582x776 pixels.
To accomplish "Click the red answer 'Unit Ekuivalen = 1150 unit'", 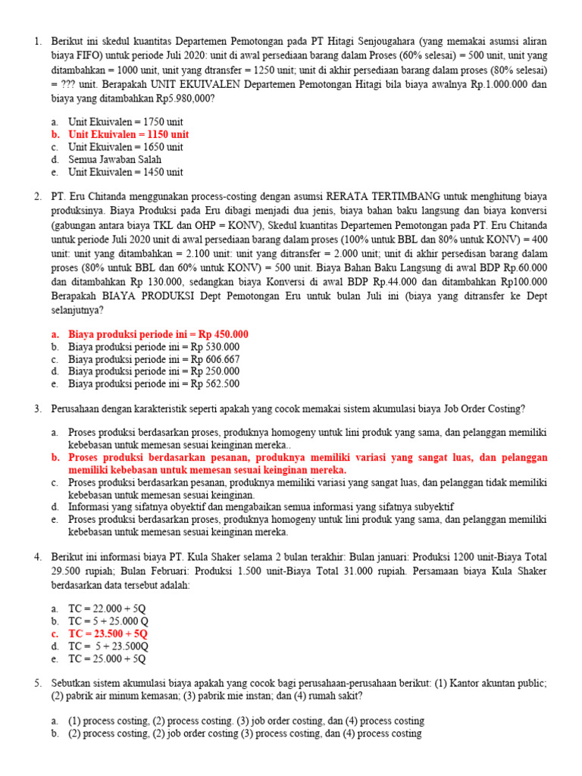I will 129,134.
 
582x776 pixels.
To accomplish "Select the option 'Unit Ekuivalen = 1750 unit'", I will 126,122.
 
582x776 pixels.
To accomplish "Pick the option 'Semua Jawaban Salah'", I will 114,160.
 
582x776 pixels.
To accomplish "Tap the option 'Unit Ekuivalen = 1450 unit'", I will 126,173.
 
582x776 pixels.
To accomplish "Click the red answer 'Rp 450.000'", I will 158,334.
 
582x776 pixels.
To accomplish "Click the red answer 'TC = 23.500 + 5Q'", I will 108,634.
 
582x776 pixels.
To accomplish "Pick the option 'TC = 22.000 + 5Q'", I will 108,609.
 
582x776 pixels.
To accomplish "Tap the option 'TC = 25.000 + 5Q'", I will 108,659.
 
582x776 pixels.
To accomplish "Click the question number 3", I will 37,409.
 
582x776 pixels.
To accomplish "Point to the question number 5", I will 37,684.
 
